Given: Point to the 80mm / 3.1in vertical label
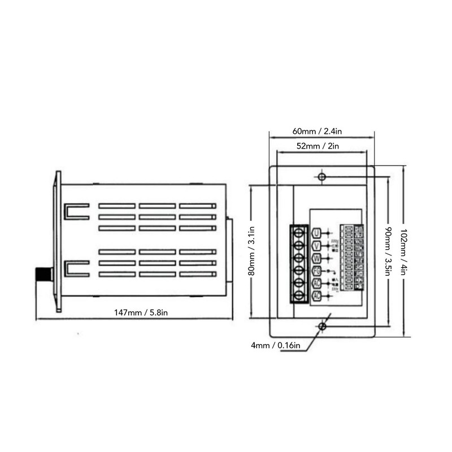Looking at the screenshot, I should click(252, 251).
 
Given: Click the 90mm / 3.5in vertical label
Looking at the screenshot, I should click(388, 251).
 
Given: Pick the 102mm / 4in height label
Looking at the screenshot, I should click(403, 251).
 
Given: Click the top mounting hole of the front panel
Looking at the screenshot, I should click(321, 177).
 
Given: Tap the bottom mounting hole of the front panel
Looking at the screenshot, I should click(321, 327).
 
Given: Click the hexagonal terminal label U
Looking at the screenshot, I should click(316, 233).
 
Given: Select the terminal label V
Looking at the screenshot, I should click(316, 246).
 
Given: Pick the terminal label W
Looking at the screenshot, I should click(316, 259).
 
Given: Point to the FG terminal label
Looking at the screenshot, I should click(316, 271).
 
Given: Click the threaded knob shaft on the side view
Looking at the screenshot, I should click(44, 275).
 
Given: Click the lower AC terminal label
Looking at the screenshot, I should click(316, 296).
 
